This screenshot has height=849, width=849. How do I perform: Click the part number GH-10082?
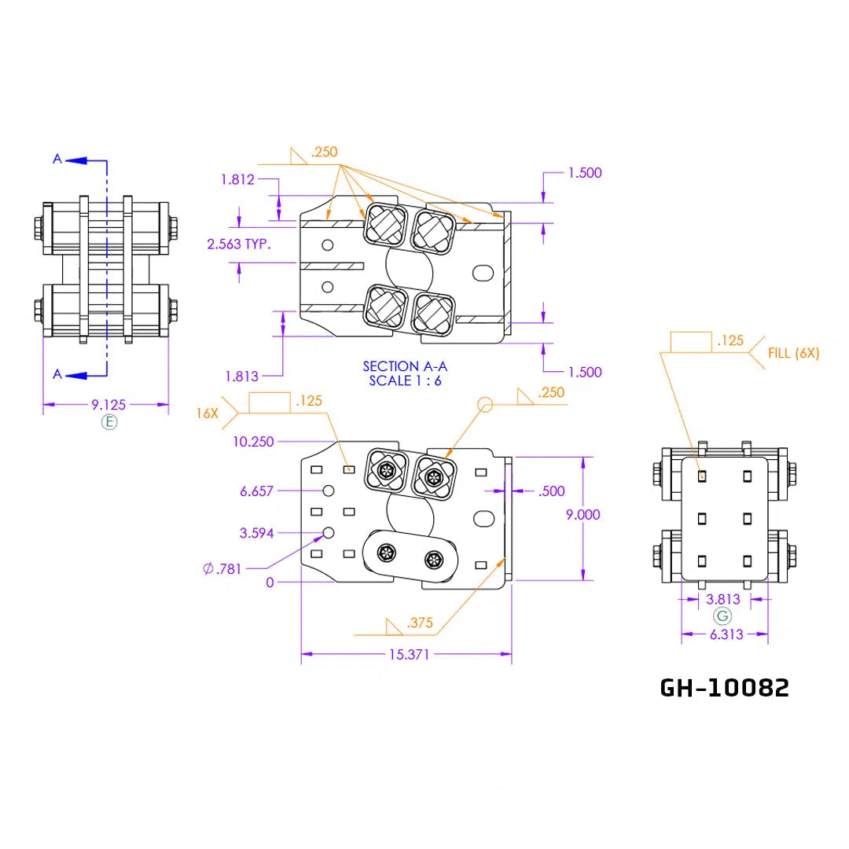click(725, 688)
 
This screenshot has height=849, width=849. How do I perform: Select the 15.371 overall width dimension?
click(409, 655)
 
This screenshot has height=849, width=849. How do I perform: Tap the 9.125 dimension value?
click(108, 405)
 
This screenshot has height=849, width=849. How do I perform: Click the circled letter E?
click(109, 422)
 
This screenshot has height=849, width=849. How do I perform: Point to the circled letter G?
click(722, 616)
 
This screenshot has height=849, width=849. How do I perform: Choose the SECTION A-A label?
click(405, 366)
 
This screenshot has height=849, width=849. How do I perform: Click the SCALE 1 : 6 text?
click(405, 380)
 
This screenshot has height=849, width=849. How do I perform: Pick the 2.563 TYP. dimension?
click(239, 244)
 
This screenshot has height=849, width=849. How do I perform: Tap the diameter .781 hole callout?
click(222, 569)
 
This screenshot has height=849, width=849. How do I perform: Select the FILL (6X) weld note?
click(793, 354)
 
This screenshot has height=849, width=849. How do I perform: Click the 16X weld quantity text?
click(207, 413)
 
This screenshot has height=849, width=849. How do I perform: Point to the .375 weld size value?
click(420, 623)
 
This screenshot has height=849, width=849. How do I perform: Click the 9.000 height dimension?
click(583, 514)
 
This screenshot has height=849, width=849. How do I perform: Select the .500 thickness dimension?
click(552, 491)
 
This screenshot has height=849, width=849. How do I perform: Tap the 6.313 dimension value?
click(726, 634)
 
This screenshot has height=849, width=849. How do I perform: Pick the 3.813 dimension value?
click(723, 599)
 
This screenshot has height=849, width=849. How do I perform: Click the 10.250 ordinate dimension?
click(253, 442)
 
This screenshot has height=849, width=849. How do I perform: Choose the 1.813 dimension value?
click(241, 377)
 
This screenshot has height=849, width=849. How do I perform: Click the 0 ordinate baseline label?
click(270, 583)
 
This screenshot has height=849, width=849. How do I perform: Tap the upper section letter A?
click(57, 159)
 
